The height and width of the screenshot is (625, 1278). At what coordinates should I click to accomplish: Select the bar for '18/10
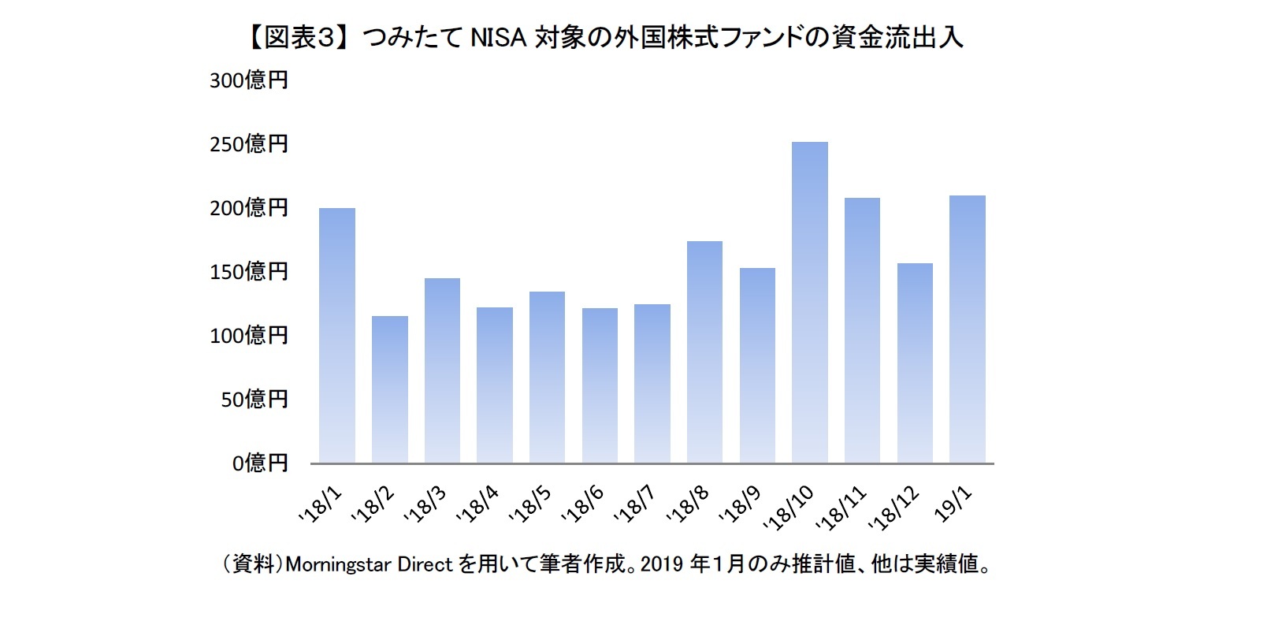[x=809, y=303]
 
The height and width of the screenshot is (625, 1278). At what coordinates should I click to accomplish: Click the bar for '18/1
[x=336, y=336]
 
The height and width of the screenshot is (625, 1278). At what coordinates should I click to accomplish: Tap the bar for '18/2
[x=389, y=389]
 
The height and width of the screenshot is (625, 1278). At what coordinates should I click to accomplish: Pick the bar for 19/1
[x=967, y=329]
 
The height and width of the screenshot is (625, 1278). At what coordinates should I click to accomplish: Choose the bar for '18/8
[x=704, y=352]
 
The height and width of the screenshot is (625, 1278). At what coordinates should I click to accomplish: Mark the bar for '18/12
[x=915, y=363]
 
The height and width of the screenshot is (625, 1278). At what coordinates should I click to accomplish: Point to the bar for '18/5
[x=547, y=378]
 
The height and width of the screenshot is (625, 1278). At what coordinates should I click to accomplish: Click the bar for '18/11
[x=862, y=330]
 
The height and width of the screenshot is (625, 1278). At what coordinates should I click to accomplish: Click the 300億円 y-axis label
[x=249, y=80]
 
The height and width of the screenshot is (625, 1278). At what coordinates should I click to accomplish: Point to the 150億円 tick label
[x=249, y=272]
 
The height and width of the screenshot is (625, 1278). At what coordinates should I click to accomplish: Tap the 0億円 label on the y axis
[x=260, y=463]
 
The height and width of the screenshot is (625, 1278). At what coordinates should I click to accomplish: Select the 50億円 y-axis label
[x=254, y=400]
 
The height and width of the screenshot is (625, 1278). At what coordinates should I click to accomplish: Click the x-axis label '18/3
[x=425, y=504]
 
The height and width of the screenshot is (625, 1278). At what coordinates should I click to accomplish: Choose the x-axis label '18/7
[x=635, y=504]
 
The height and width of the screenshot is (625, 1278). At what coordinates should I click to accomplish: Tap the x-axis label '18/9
[x=741, y=504]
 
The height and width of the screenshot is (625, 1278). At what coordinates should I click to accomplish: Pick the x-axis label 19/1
[x=953, y=504]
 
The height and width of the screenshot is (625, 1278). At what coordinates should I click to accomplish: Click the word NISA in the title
[x=498, y=38]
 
